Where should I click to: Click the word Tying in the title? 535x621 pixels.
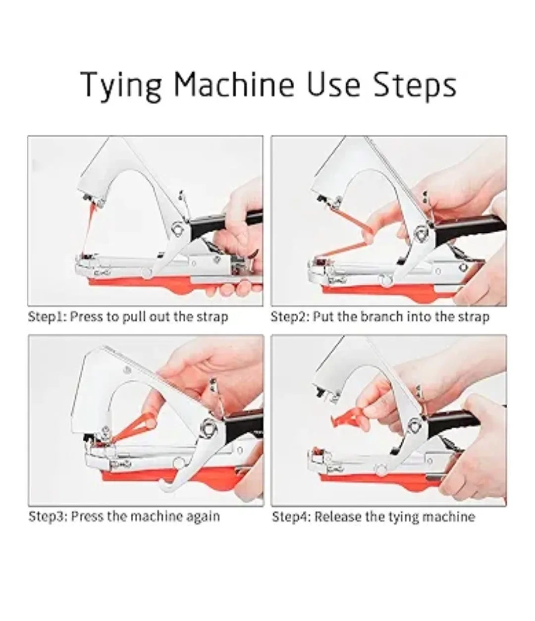[121, 85]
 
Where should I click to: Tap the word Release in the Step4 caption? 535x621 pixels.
[338, 517]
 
